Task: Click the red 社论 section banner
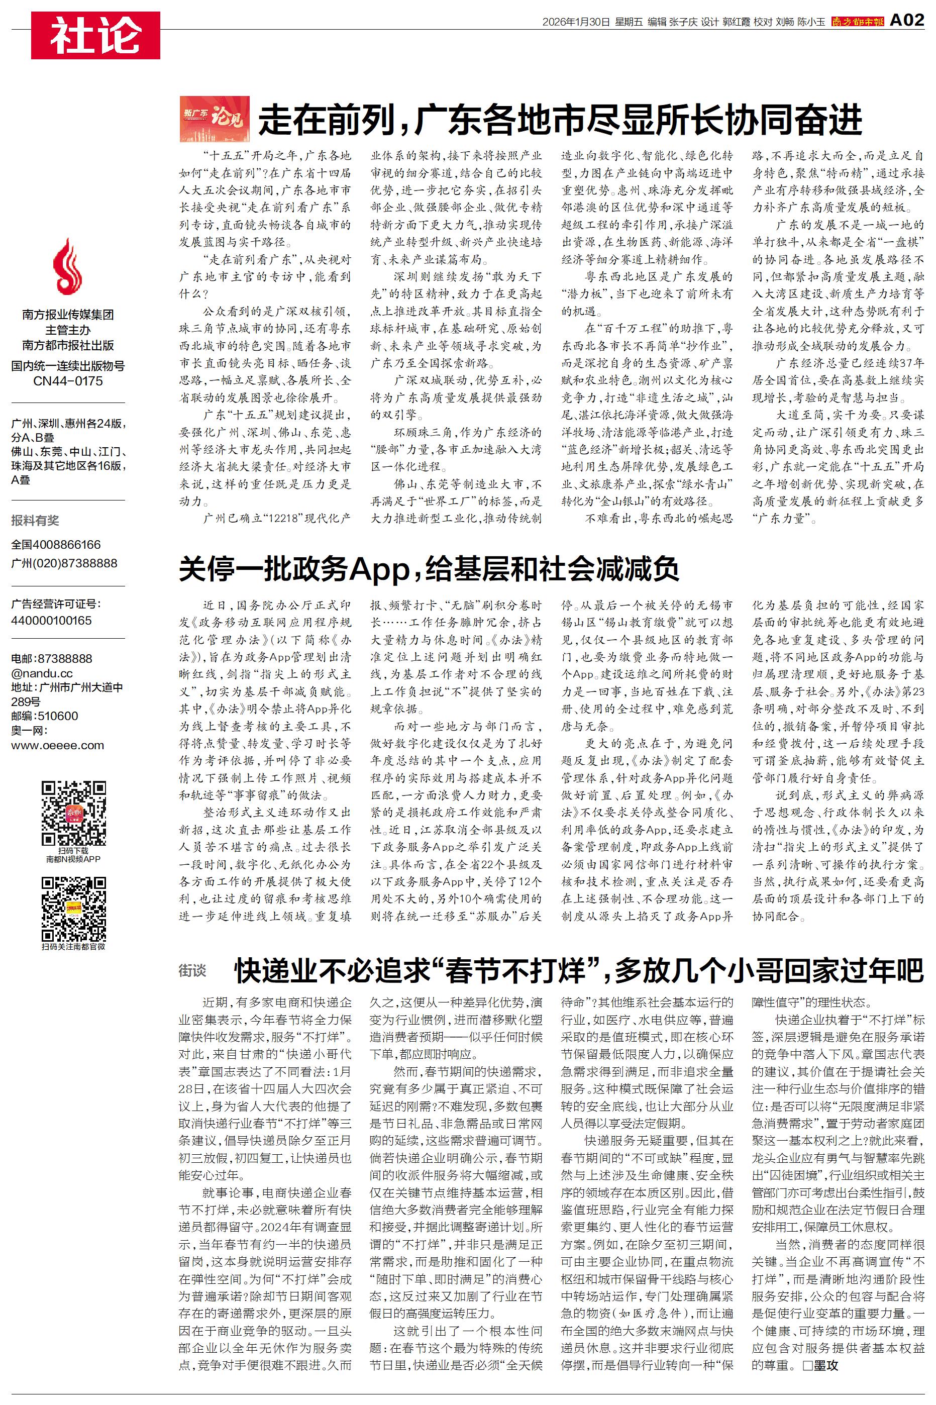click(x=95, y=35)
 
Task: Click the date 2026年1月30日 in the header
click(x=576, y=22)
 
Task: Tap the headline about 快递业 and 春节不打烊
click(x=579, y=970)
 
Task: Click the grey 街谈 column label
click(x=192, y=970)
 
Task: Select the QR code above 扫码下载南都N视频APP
click(x=73, y=814)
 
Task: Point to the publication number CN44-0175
click(x=68, y=381)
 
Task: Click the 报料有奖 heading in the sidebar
click(x=35, y=521)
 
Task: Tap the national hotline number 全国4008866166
click(x=56, y=544)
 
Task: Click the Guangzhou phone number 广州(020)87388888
click(x=64, y=563)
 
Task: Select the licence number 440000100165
click(x=51, y=620)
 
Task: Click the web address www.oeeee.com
click(x=57, y=745)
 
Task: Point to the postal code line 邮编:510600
click(x=45, y=716)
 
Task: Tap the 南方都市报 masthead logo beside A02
click(x=857, y=22)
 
